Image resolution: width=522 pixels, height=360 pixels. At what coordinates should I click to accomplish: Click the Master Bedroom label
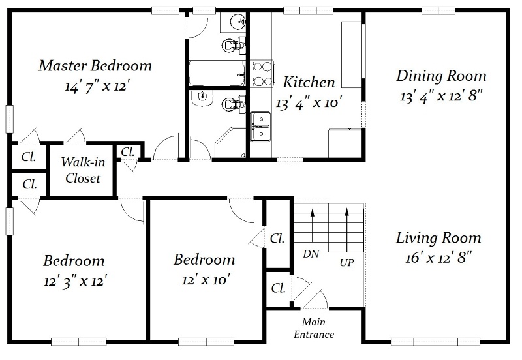point(95,66)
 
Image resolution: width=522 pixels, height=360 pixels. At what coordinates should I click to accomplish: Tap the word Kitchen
point(309,82)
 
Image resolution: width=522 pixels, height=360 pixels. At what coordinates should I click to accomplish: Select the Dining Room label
point(441,76)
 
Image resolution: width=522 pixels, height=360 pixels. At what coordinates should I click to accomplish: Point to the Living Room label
point(438,238)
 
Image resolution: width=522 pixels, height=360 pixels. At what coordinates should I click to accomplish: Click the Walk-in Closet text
point(83,170)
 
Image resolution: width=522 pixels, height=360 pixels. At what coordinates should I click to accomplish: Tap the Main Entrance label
point(314,328)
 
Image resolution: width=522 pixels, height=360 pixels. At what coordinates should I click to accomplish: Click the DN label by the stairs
point(311,254)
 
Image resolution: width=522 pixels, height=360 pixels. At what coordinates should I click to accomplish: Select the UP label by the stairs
point(347,263)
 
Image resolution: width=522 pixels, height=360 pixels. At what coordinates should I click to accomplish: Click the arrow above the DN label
point(313,225)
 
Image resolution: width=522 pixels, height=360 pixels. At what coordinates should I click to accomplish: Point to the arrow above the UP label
point(347,230)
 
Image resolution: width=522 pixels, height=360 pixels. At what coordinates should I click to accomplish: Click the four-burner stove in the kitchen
point(262,74)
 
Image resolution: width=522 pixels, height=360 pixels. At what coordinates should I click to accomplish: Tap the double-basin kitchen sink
point(260,127)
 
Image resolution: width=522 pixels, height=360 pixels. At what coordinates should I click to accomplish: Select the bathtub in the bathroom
point(217,73)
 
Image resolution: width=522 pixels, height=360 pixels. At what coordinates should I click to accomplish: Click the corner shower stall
point(230,142)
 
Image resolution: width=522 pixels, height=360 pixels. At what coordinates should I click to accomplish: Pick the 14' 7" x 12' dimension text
point(97,87)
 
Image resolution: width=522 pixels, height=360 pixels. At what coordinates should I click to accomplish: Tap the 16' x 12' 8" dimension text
point(438,258)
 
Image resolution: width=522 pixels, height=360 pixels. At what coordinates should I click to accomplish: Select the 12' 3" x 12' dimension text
point(75,282)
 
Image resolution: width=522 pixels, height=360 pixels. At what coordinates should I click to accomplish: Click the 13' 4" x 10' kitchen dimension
point(309,103)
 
